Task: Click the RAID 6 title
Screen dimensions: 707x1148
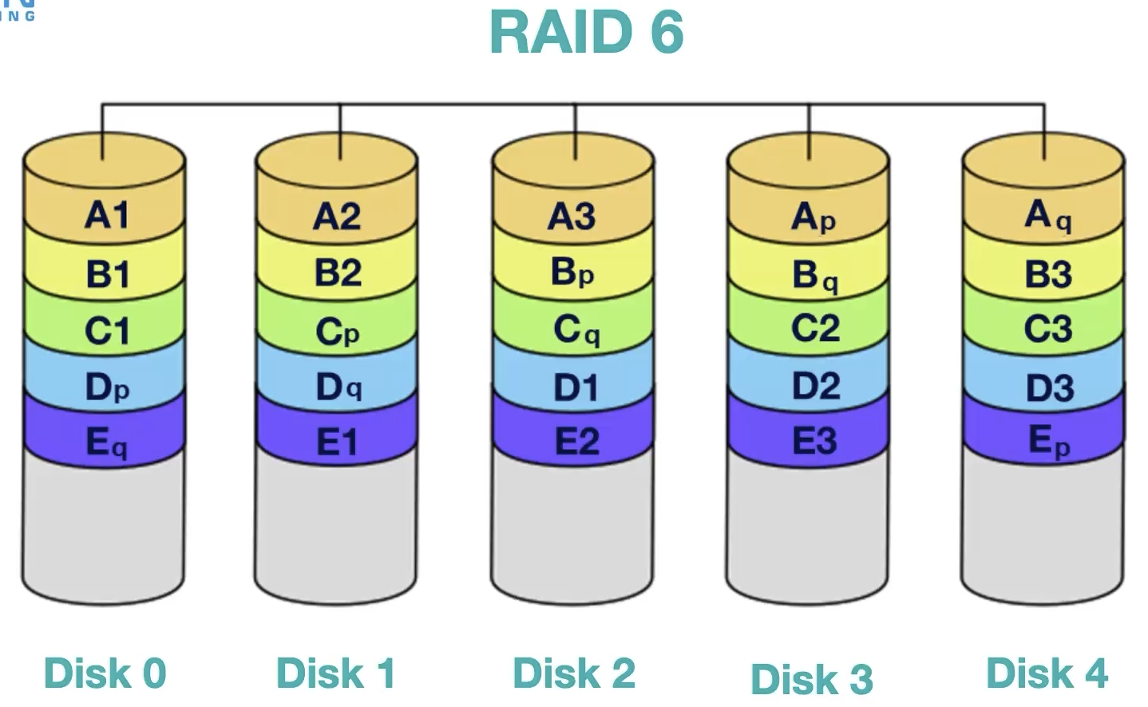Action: (x=586, y=33)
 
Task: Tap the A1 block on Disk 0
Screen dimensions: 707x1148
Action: (x=106, y=215)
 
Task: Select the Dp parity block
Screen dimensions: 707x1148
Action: (x=106, y=387)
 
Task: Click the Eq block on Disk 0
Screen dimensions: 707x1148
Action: (x=106, y=442)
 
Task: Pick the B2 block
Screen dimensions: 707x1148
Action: (x=337, y=273)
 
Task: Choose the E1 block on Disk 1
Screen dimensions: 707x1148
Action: (x=337, y=442)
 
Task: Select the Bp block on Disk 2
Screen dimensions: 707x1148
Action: (x=572, y=273)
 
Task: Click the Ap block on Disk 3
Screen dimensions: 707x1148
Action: (x=813, y=216)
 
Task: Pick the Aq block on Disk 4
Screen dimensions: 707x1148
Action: (x=1047, y=215)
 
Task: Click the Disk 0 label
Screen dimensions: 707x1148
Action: (x=105, y=673)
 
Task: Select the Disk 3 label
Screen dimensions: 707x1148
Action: (x=811, y=679)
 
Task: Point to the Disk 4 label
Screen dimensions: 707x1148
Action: (x=1047, y=673)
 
